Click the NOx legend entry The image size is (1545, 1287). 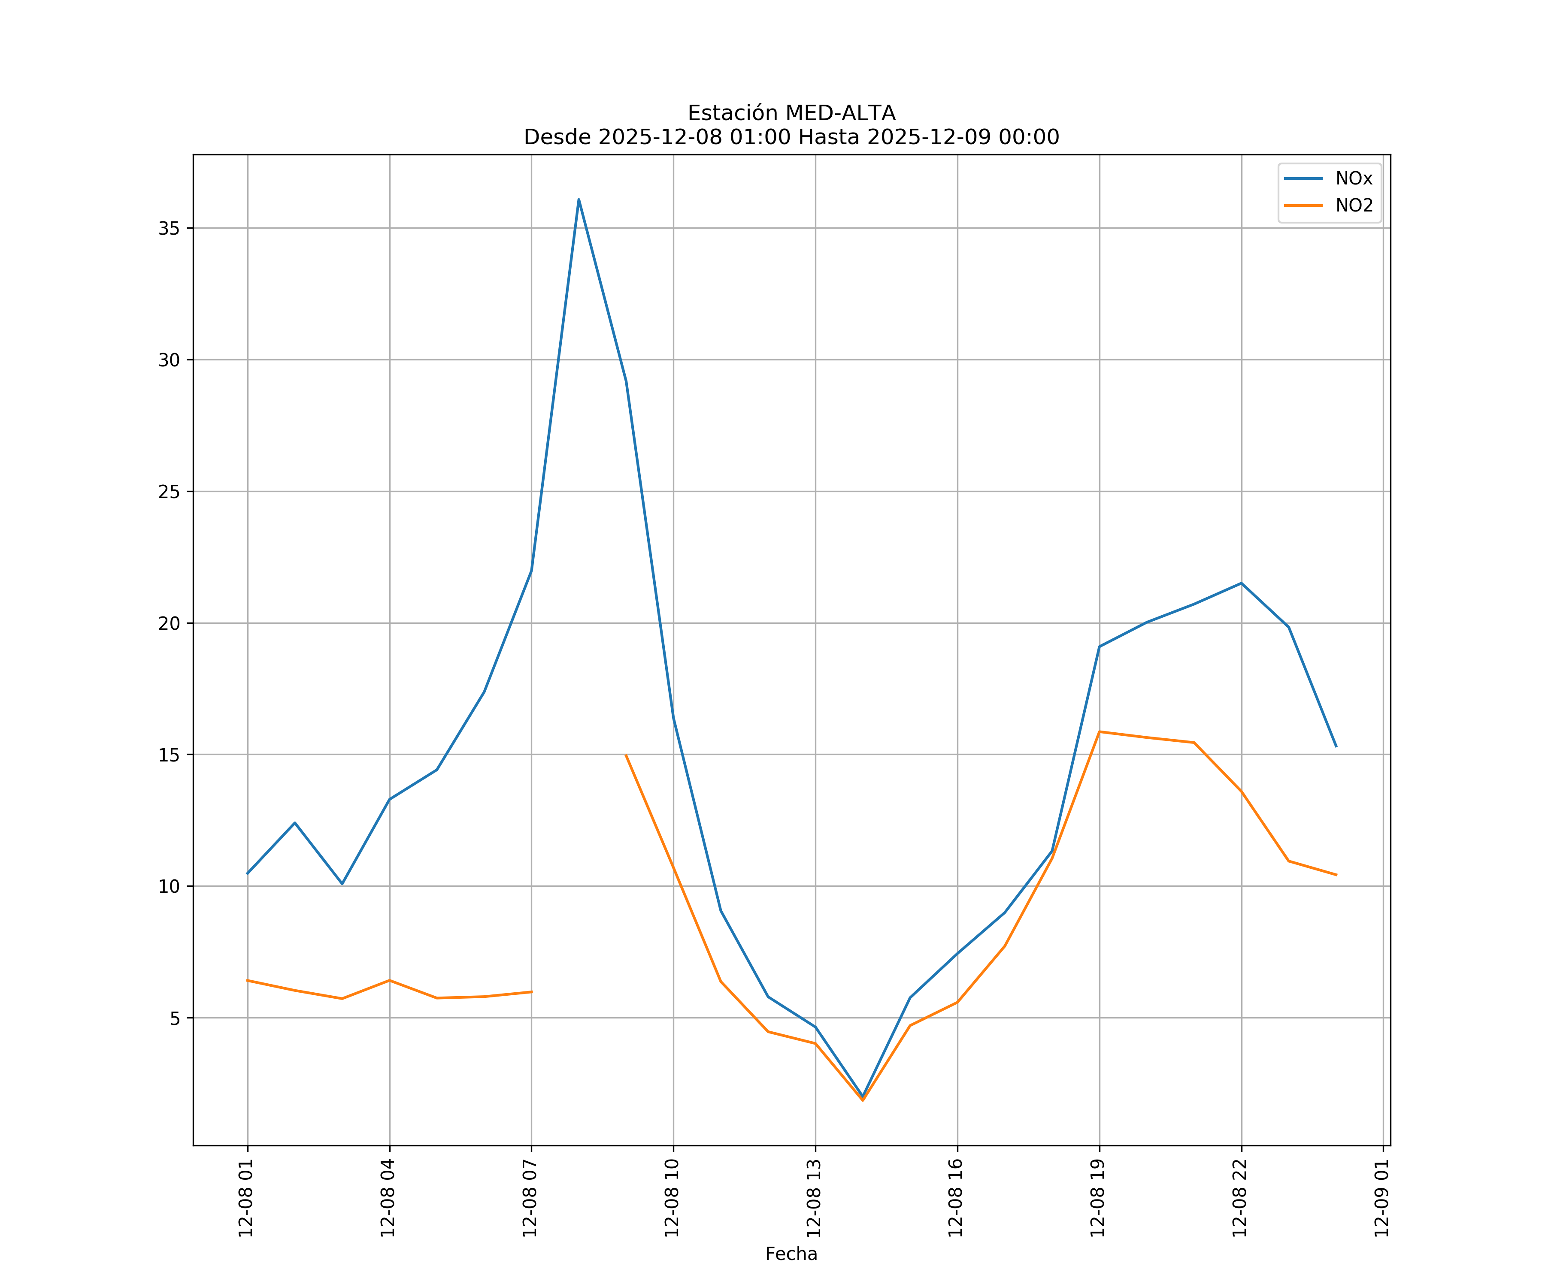click(x=1353, y=179)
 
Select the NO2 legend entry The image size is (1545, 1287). click(x=1354, y=206)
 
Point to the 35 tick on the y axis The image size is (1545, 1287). click(x=169, y=228)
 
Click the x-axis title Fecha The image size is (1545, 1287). click(x=791, y=1254)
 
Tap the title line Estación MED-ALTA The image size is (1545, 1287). click(x=791, y=113)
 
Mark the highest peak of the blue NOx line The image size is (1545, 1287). click(x=579, y=199)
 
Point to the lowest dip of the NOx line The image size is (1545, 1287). click(x=863, y=1097)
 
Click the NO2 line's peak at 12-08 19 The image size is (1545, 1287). click(x=1099, y=732)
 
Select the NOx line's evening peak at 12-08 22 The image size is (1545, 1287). click(x=1241, y=583)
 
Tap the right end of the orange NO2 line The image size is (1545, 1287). click(x=1336, y=875)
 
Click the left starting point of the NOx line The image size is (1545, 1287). click(x=248, y=874)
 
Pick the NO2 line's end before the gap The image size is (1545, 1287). click(x=531, y=992)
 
